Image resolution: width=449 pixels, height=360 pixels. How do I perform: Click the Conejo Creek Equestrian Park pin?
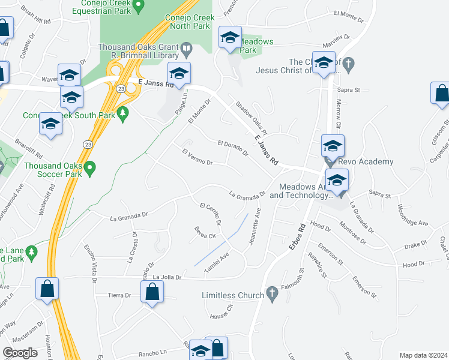tap(138, 7)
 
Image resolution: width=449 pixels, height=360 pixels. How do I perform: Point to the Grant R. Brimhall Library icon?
tap(186, 47)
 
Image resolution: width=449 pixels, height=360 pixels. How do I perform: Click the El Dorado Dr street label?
tap(233, 148)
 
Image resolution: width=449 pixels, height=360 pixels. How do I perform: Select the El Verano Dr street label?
tap(197, 157)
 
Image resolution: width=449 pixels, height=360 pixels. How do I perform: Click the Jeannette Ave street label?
tap(256, 227)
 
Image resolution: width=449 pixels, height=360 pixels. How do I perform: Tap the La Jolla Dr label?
tap(167, 277)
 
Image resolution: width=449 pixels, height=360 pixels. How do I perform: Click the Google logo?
tap(20, 353)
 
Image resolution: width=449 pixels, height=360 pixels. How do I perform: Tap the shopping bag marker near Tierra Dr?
tap(152, 293)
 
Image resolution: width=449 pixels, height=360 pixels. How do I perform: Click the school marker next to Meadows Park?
tap(229, 38)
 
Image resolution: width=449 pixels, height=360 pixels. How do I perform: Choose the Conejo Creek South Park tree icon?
tap(123, 113)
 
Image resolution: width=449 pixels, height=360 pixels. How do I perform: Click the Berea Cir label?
tap(204, 231)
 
